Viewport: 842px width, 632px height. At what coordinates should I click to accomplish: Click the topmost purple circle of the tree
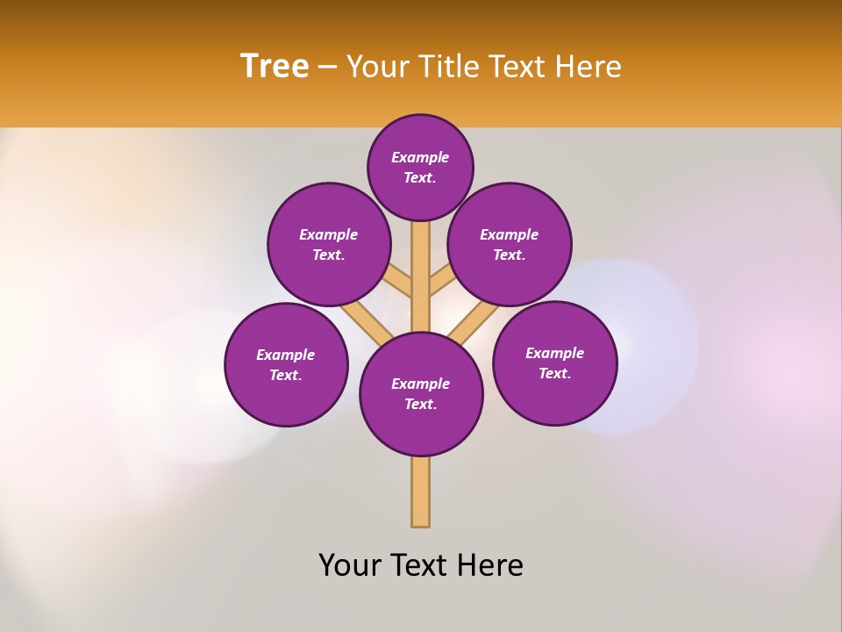420,167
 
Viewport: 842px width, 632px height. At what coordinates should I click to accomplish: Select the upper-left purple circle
329,244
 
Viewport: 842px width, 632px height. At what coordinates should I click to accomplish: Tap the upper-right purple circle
510,244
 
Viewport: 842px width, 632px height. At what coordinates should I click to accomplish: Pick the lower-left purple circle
286,364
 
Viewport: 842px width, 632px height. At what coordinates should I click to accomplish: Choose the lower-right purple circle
555,363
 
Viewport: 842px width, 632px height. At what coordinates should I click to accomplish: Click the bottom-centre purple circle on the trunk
421,394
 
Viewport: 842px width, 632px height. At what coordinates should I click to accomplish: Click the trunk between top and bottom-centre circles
421,276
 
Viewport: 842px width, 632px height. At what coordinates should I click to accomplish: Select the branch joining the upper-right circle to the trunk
441,280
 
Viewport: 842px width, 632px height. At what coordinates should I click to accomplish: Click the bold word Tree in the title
275,66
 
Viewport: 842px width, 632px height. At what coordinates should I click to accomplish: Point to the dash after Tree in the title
328,67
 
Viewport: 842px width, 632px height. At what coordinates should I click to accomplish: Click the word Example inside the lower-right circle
554,353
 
